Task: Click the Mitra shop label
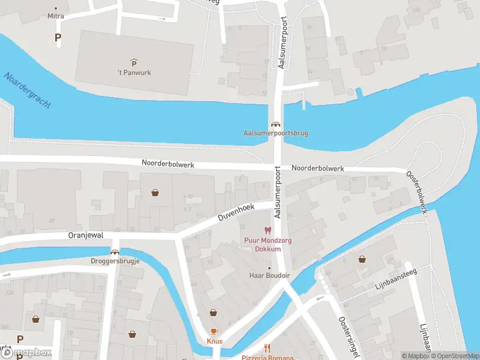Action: click(56, 17)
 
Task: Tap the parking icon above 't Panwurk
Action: click(134, 62)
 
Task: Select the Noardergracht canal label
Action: click(27, 91)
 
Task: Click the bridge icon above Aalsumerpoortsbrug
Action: click(275, 124)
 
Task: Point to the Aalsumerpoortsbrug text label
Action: click(275, 133)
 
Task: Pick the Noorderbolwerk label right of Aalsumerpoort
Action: click(318, 169)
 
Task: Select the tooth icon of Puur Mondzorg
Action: click(268, 230)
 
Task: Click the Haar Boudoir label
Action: click(269, 275)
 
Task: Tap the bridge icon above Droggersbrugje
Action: click(115, 253)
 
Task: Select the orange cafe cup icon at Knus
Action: click(214, 332)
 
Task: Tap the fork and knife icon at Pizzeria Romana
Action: click(268, 347)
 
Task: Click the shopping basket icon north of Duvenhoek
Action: click(155, 193)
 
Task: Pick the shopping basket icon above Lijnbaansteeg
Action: click(362, 259)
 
